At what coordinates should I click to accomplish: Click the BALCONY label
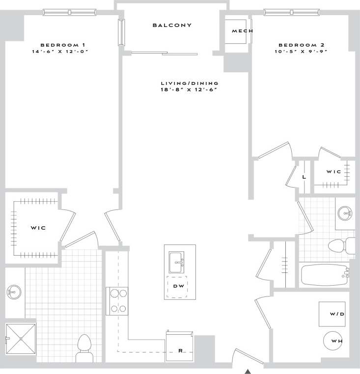(171, 25)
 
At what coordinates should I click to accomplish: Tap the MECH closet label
(242, 31)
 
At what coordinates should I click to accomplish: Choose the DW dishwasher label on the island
(179, 288)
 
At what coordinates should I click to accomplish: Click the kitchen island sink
(176, 263)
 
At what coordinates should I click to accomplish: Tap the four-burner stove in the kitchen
(117, 301)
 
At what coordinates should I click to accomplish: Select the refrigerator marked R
(180, 350)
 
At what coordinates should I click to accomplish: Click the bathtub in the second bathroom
(325, 275)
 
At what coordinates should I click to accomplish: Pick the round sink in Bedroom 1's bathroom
(14, 293)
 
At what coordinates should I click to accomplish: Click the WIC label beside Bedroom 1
(38, 228)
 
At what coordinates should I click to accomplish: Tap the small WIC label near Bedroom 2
(333, 172)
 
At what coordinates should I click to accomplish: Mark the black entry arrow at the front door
(249, 371)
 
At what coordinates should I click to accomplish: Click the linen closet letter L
(305, 177)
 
